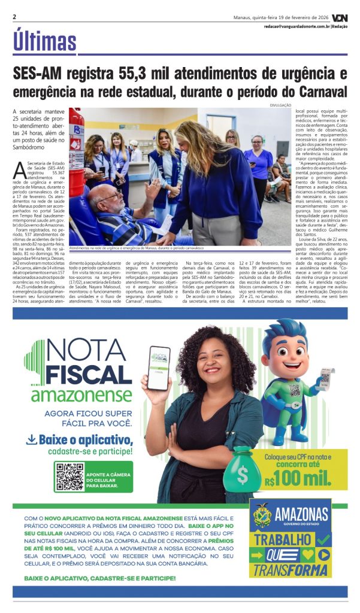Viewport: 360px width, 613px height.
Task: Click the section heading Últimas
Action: click(45, 41)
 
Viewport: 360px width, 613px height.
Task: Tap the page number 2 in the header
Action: click(14, 16)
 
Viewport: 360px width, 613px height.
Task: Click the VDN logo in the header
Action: click(340, 17)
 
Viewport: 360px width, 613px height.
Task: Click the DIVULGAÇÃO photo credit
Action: click(279, 105)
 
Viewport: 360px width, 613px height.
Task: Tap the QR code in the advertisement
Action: click(69, 477)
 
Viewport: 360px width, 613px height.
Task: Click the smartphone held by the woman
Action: click(159, 368)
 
